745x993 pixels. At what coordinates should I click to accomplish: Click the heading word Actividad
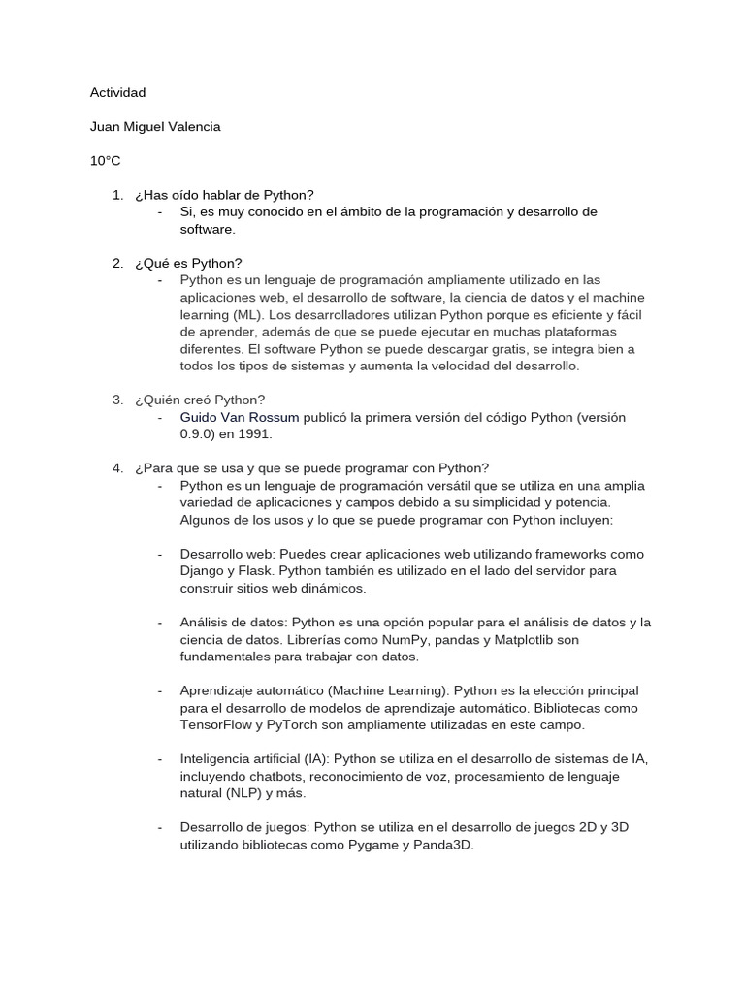coord(117,92)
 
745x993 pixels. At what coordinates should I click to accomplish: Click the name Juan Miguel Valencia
coord(155,127)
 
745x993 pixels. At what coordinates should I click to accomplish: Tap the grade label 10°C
coord(106,161)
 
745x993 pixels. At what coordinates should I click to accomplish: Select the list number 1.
coord(117,195)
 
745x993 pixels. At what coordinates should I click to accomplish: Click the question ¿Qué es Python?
coord(189,263)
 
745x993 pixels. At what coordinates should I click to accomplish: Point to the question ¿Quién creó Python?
coord(200,400)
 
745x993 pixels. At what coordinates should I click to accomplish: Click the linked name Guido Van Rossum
coord(239,417)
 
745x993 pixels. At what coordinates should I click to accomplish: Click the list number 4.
coord(117,468)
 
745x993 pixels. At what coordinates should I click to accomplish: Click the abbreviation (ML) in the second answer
coord(248,314)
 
